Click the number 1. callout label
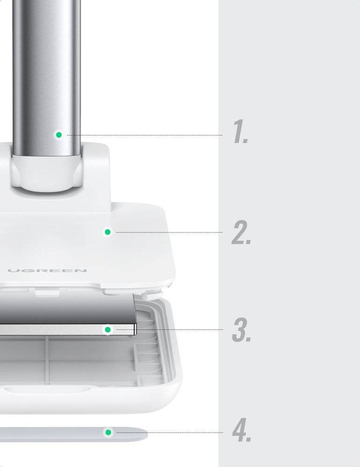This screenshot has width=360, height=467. point(240,132)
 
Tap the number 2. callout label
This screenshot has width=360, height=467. point(241,233)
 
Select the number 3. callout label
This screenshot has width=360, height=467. point(242,330)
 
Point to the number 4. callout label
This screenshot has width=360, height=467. point(242,429)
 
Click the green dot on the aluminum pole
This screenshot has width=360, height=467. point(59,135)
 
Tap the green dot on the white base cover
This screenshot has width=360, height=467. point(108,232)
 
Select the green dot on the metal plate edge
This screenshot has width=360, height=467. point(108,330)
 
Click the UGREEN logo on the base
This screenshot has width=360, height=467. point(47,271)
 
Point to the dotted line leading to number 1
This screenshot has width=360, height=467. point(144,135)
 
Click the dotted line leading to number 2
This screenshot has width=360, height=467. point(169,233)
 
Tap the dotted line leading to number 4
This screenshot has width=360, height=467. point(170,433)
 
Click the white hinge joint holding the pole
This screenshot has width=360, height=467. point(46,173)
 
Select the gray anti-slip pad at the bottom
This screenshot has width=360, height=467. point(73,434)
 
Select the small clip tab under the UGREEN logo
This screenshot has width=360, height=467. point(47,293)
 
